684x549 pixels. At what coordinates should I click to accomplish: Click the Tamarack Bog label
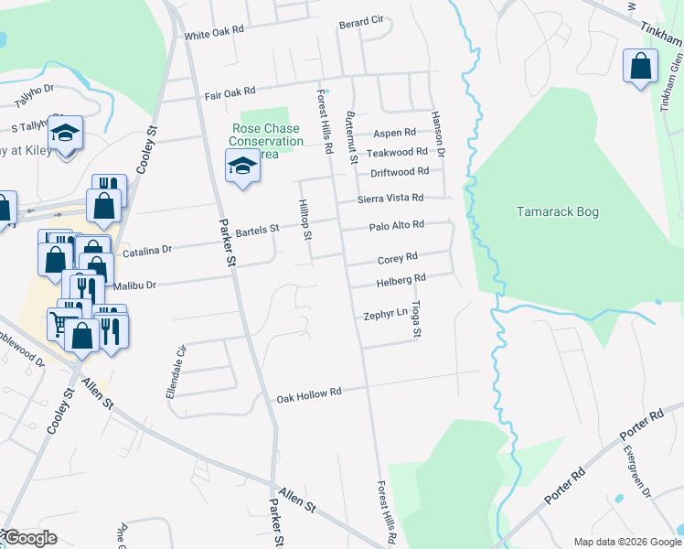click(557, 212)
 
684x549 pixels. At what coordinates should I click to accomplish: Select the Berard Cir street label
click(361, 22)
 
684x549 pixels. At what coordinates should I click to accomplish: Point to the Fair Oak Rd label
click(229, 93)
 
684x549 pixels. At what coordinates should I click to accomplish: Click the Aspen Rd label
click(394, 133)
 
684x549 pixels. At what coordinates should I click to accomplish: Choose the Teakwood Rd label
click(397, 152)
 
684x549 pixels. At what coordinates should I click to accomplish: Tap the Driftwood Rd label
click(400, 172)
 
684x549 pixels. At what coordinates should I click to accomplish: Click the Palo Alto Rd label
click(397, 225)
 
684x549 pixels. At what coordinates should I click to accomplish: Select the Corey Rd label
click(398, 258)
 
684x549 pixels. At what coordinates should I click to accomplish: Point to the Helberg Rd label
click(401, 278)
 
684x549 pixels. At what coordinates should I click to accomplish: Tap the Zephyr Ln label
click(385, 314)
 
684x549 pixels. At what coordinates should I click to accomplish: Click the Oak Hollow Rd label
click(309, 393)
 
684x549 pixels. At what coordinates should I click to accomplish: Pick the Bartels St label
click(257, 231)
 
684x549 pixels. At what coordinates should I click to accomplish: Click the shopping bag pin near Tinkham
click(640, 67)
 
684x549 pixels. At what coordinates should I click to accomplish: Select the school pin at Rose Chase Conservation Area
click(241, 167)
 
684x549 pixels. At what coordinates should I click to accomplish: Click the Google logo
click(29, 539)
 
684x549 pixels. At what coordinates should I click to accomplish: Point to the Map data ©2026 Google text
click(626, 542)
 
